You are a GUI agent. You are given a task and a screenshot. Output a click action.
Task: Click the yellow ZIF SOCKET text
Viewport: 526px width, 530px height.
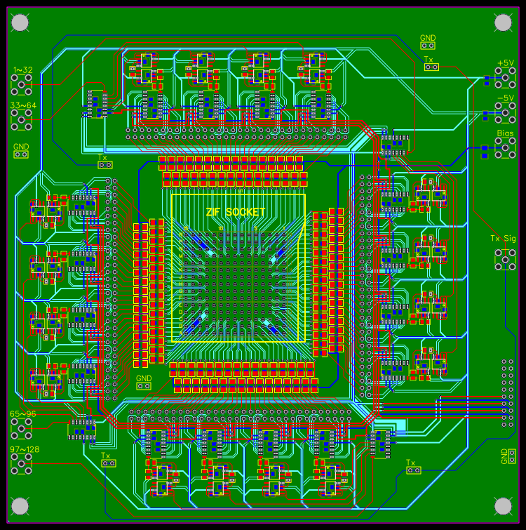[x=236, y=212]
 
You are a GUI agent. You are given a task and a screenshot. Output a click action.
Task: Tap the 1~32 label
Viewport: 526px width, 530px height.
[x=22, y=70]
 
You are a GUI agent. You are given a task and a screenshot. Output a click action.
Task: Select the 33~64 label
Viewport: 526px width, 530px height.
[x=22, y=105]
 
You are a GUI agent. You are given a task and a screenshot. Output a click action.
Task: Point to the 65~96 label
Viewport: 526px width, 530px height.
[x=22, y=414]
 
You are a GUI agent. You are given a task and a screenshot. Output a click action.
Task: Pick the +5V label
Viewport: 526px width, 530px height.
[x=505, y=63]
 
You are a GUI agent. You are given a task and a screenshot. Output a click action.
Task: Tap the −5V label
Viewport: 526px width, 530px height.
[x=505, y=98]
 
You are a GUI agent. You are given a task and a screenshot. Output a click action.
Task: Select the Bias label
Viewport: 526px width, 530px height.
[x=505, y=133]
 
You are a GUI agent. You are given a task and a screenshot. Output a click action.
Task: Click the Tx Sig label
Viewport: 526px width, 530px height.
[x=503, y=239]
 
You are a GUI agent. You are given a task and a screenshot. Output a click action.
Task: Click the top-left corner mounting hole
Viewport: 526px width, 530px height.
[x=20, y=22]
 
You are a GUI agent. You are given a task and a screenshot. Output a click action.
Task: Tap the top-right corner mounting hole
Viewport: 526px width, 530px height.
[x=504, y=22]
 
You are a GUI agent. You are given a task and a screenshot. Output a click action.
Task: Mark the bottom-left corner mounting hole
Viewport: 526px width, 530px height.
[x=20, y=505]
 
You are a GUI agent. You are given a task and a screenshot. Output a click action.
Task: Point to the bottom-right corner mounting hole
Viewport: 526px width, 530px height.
[x=504, y=505]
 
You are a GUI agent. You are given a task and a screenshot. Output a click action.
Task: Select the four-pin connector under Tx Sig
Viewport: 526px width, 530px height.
[x=504, y=258]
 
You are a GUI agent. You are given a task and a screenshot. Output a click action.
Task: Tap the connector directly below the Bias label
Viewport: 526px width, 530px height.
[x=503, y=147]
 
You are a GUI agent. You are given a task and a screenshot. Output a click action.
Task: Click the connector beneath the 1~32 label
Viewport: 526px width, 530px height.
[x=22, y=86]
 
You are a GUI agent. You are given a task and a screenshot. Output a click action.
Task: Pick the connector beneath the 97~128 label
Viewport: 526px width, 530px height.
[x=22, y=463]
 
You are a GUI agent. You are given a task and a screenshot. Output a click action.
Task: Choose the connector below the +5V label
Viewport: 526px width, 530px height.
[x=503, y=79]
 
